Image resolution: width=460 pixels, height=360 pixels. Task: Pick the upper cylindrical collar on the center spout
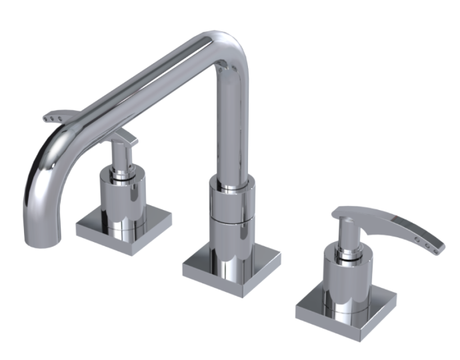tap(231, 195)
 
